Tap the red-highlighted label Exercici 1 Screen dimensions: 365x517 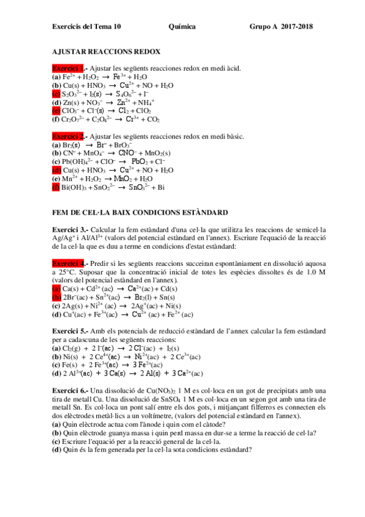coord(68,68)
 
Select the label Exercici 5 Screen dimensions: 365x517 coord(69,330)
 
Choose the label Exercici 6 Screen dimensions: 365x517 coord(69,390)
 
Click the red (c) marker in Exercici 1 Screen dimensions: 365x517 coord(56,94)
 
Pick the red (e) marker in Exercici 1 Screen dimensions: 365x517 coord(56,111)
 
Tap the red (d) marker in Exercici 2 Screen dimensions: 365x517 coord(57,170)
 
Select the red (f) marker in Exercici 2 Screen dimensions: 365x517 coord(56,187)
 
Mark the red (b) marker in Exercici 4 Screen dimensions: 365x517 coord(57,297)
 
